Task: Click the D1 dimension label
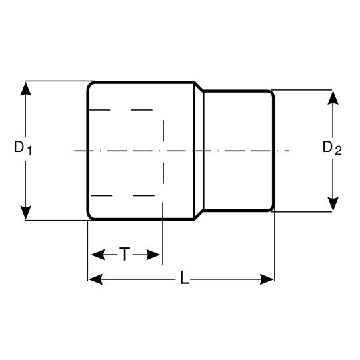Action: (23, 147)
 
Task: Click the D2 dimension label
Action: (332, 147)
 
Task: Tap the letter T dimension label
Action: (125, 254)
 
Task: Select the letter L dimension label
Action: (184, 277)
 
